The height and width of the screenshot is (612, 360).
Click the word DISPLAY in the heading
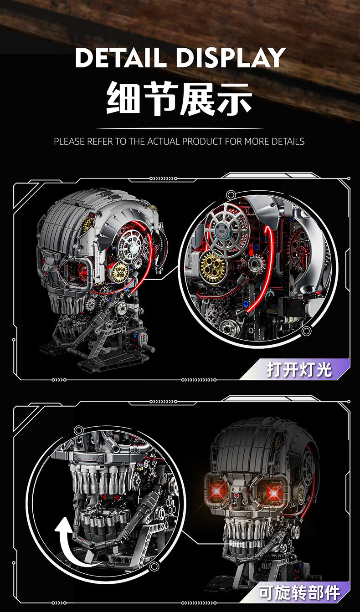point(231,57)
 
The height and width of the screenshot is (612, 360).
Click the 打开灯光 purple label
point(299,370)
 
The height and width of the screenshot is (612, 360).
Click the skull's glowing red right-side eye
point(274,493)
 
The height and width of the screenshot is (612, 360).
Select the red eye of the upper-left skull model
point(82,270)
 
